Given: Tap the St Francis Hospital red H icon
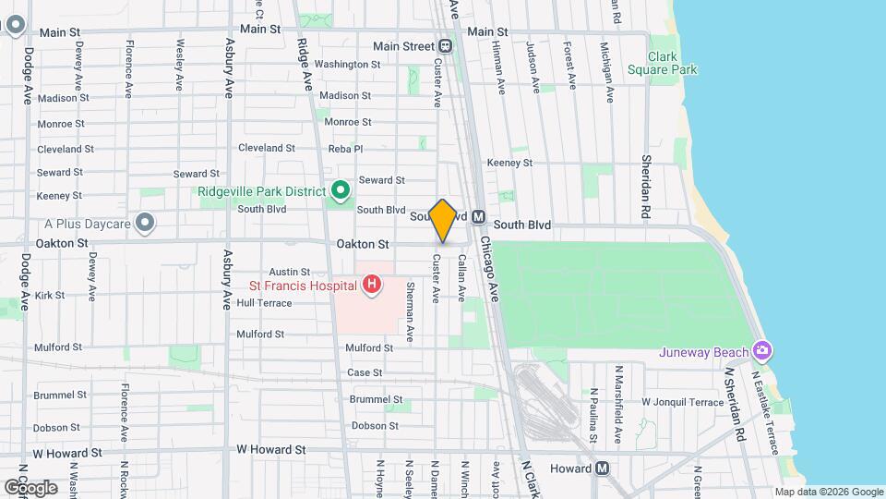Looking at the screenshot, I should point(371,284).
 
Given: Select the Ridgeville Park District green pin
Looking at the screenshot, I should point(341,191).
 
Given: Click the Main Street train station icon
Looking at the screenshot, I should point(445,46).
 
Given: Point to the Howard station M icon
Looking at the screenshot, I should point(602,468).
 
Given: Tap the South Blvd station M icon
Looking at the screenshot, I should point(478,216).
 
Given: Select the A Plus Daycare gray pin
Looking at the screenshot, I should point(144,223).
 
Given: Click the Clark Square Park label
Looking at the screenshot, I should point(662,62).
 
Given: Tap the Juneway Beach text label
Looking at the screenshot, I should point(702,352).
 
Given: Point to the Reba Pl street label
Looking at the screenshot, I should point(346,148).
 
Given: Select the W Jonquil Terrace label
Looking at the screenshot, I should point(683,402).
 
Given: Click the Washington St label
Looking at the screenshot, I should point(347,65).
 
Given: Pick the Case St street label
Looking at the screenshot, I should point(365,372).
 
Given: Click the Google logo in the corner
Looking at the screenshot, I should point(30,487).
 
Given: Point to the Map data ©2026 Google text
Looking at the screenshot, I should point(828,492).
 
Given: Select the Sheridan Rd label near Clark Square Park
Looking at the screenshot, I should point(646,188).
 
